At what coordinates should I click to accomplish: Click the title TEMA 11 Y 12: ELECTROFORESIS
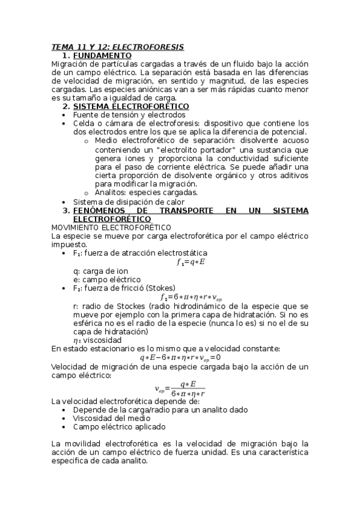click(117, 47)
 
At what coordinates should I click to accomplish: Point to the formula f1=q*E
click(191, 262)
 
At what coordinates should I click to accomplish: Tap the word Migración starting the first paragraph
click(69, 64)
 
